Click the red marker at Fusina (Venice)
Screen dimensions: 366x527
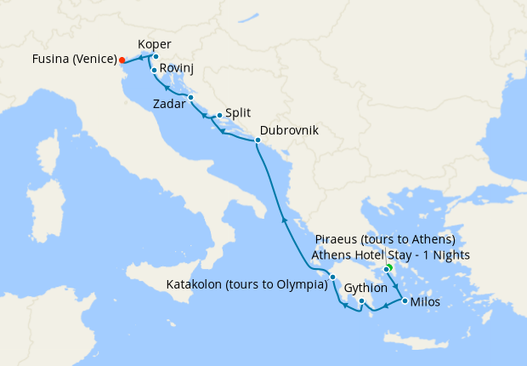pyautogui.click(x=122, y=60)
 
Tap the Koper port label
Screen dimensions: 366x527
pyautogui.click(x=155, y=44)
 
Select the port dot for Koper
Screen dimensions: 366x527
pyautogui.click(x=156, y=56)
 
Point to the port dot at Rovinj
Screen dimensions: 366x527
pyautogui.click(x=154, y=70)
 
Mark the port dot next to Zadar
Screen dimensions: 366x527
pyautogui.click(x=191, y=98)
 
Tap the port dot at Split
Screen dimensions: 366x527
pyautogui.click(x=219, y=115)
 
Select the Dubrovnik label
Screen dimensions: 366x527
pyautogui.click(x=290, y=131)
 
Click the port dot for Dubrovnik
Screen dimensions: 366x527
pyautogui.click(x=258, y=139)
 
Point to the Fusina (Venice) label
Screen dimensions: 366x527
pyautogui.click(x=73, y=60)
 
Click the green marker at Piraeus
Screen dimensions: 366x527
pyautogui.click(x=387, y=269)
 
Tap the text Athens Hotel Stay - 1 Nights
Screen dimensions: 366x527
pyautogui.click(x=390, y=254)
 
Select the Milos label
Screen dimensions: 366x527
pyautogui.click(x=425, y=302)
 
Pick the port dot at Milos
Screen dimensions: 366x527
pyautogui.click(x=404, y=301)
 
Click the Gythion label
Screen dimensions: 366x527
pyautogui.click(x=366, y=289)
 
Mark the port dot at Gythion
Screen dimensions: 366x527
pyautogui.click(x=361, y=301)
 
